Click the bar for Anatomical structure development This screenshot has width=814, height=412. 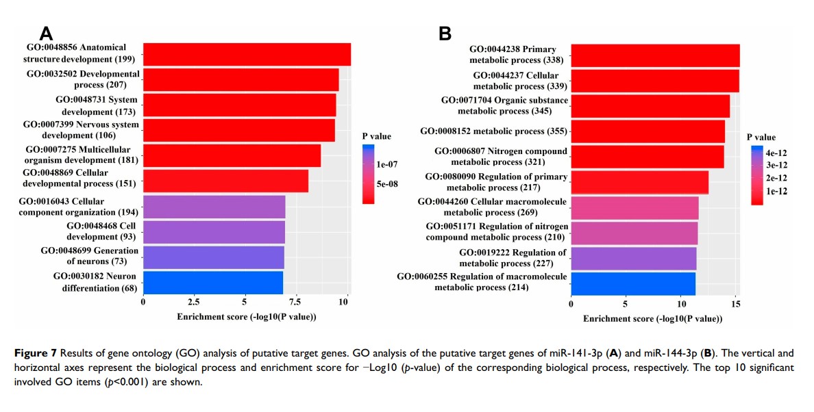(x=247, y=55)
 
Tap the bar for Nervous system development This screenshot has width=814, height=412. (x=238, y=130)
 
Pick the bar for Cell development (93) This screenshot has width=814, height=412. (x=214, y=232)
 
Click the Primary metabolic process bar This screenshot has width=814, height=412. (x=655, y=55)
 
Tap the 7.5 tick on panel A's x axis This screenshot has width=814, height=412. (x=295, y=301)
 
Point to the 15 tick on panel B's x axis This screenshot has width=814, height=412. (x=736, y=302)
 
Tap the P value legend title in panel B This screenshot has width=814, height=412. (x=761, y=138)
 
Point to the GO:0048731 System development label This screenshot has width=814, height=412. (x=97, y=105)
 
